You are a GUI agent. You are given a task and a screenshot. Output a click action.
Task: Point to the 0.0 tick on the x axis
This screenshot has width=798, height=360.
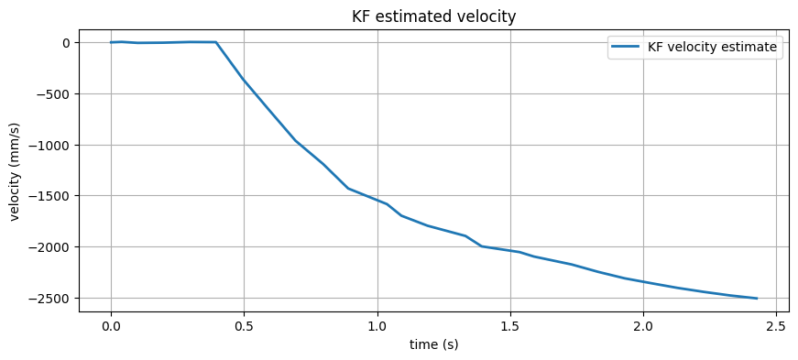click(x=111, y=326)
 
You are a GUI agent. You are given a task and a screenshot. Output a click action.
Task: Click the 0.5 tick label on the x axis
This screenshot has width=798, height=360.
click(x=244, y=326)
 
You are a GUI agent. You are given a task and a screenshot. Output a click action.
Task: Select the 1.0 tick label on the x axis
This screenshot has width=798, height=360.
click(x=377, y=326)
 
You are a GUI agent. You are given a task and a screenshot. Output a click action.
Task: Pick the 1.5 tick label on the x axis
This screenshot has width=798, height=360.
click(x=510, y=326)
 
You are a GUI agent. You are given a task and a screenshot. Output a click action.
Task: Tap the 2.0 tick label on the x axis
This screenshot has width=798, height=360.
click(x=643, y=326)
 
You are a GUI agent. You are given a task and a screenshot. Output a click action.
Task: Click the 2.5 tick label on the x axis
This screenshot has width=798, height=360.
click(x=776, y=326)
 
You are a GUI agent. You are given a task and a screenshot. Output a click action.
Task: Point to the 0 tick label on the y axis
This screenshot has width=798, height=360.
click(x=66, y=43)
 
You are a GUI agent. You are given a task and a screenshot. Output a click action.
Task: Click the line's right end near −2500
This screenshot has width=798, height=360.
click(x=757, y=299)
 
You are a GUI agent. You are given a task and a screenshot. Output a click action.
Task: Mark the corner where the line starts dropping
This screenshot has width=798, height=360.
click(x=216, y=42)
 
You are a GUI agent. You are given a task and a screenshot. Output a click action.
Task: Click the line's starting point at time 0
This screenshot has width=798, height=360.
click(x=111, y=42)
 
